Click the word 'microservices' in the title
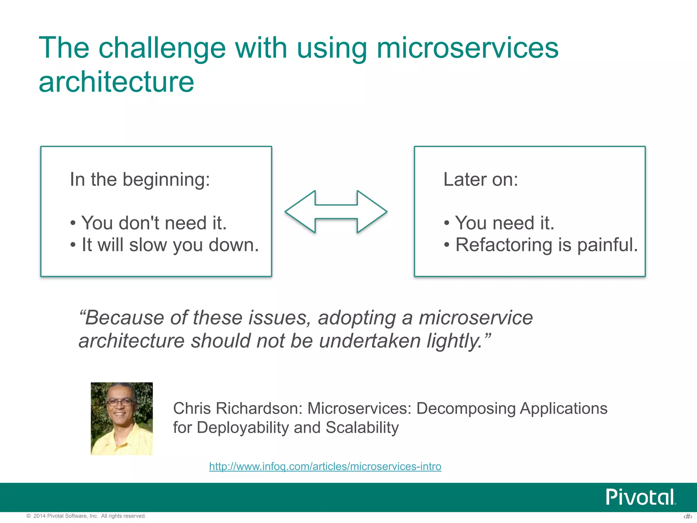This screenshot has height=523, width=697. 467,48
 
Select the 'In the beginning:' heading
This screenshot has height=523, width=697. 140,179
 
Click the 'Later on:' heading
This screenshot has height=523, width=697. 481,179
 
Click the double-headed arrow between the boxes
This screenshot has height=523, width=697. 336,212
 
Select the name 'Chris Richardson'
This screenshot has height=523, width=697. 238,408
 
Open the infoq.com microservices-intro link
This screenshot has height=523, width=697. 325,466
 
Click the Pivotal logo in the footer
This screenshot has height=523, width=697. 640,497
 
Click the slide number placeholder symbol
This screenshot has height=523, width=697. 688,517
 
